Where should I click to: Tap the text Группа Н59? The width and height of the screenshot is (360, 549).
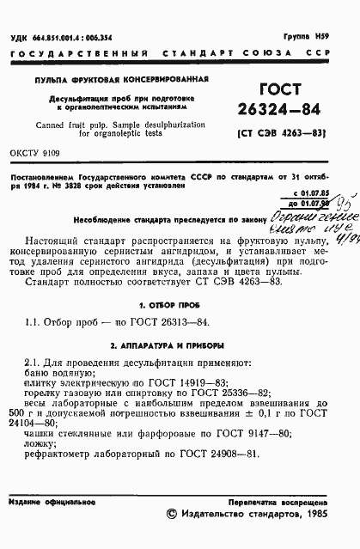pos(330,38)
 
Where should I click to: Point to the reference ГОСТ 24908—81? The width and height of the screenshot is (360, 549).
pos(207,454)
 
